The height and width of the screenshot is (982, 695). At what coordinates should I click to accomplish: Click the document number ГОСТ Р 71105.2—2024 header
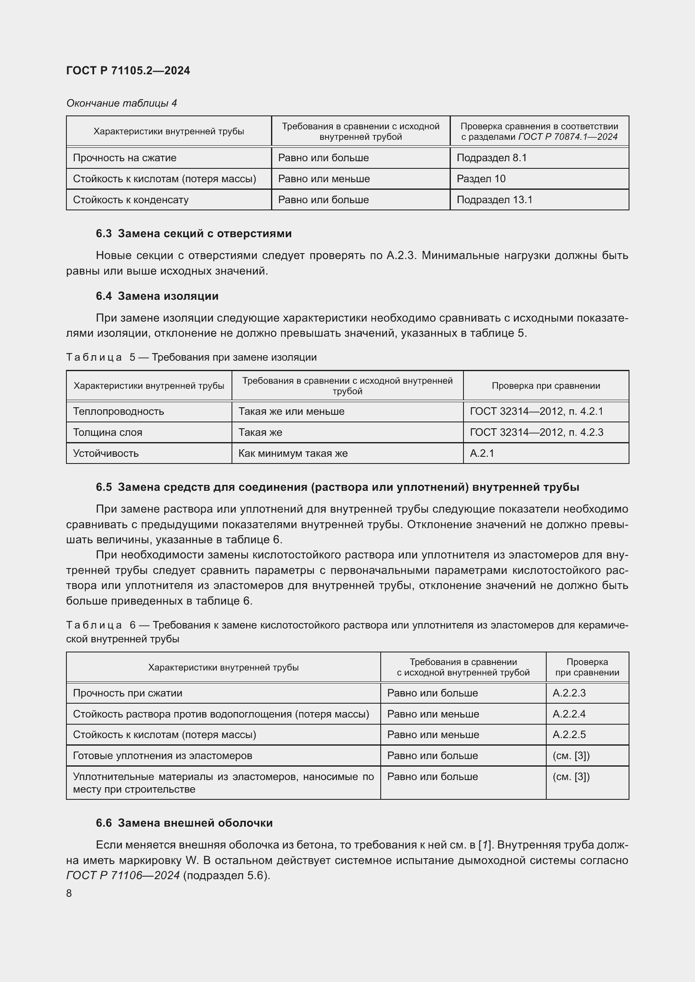[128, 71]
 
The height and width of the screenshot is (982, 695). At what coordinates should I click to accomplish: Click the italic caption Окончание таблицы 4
[121, 103]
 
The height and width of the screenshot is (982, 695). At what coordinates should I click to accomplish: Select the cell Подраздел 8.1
[491, 158]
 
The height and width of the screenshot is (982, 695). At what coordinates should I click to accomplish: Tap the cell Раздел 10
[481, 179]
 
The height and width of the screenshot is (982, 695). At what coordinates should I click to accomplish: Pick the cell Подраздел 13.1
[494, 200]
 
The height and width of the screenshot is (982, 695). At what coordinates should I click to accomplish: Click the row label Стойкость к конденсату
[131, 200]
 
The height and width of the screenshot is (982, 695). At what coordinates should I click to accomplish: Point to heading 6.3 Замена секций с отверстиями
[193, 233]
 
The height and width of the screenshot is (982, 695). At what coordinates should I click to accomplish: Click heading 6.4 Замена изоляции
[157, 296]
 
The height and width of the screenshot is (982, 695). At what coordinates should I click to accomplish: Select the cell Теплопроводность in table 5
[118, 411]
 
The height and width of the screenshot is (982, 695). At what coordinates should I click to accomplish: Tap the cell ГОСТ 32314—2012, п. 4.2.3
[536, 432]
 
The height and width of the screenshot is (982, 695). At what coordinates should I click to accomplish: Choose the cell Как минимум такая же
[293, 453]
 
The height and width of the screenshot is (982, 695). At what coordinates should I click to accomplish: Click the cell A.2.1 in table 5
[482, 453]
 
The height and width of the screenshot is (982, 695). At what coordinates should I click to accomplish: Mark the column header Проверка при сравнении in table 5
[546, 386]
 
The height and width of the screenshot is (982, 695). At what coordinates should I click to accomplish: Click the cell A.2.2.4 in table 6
[569, 714]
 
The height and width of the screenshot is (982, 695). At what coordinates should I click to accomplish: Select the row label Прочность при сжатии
[128, 693]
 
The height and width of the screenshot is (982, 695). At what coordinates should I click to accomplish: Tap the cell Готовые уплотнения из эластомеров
[162, 755]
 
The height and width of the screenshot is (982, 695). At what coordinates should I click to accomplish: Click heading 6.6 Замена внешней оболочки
[184, 823]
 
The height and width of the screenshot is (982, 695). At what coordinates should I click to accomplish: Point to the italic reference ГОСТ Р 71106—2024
[123, 875]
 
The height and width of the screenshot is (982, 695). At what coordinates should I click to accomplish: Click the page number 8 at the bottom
[69, 893]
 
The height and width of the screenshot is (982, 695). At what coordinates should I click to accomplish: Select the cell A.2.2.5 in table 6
[569, 734]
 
